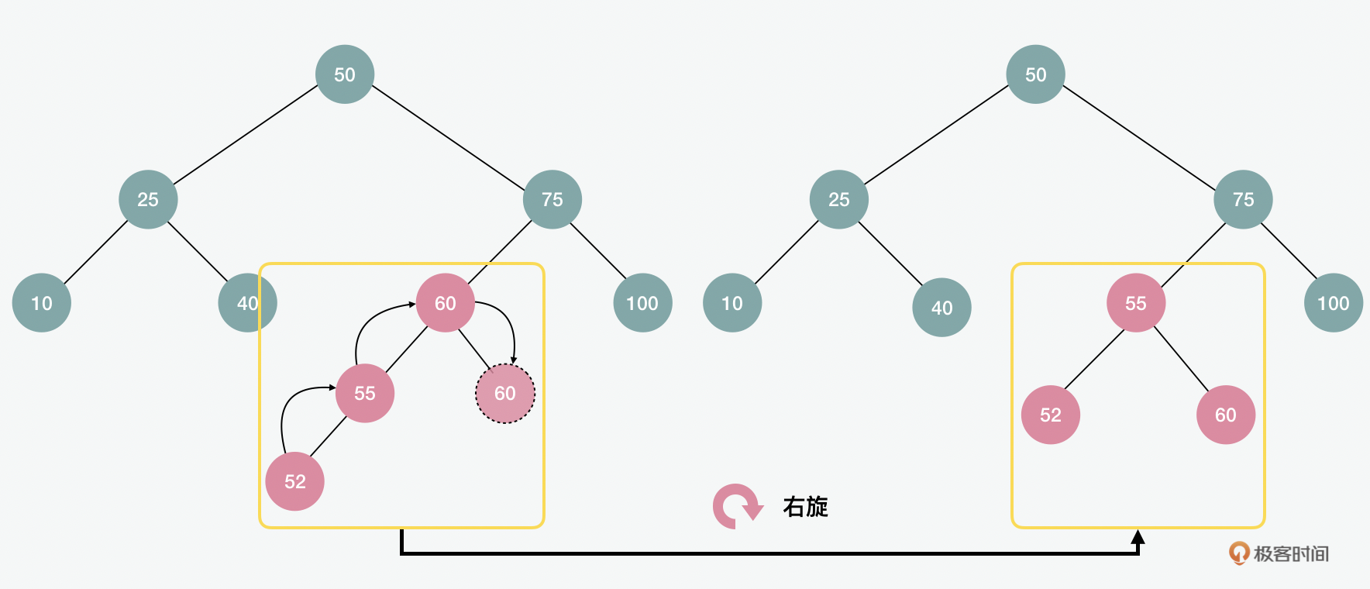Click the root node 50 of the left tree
pyautogui.click(x=345, y=74)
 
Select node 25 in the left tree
pyautogui.click(x=148, y=199)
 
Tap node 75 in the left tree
pyautogui.click(x=552, y=199)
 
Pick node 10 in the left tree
pyautogui.click(x=42, y=303)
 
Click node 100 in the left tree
pyautogui.click(x=642, y=303)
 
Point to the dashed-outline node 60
pyautogui.click(x=505, y=394)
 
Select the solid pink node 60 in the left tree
pyautogui.click(x=446, y=303)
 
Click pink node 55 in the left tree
pyautogui.click(x=365, y=393)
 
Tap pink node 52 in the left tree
pyautogui.click(x=294, y=481)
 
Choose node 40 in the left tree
pyautogui.click(x=247, y=303)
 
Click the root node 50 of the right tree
pyautogui.click(x=1036, y=74)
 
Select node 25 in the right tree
pyautogui.click(x=839, y=199)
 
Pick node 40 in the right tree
pyautogui.click(x=941, y=308)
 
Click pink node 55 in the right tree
pyautogui.click(x=1136, y=303)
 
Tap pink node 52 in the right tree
pyautogui.click(x=1051, y=415)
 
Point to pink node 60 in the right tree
pyautogui.click(x=1226, y=415)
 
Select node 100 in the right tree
pyautogui.click(x=1334, y=303)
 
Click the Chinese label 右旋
pyautogui.click(x=806, y=507)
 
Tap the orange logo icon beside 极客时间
pyautogui.click(x=1239, y=553)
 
